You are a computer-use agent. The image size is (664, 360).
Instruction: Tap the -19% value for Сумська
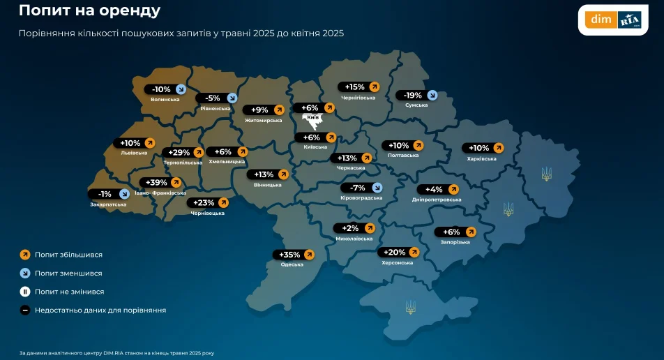(x=414, y=96)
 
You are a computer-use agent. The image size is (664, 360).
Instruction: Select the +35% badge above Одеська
(x=294, y=255)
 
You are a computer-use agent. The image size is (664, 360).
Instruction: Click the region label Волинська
(x=165, y=100)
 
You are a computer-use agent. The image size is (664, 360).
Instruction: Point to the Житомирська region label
(x=263, y=120)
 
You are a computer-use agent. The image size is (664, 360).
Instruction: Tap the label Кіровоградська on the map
(x=361, y=198)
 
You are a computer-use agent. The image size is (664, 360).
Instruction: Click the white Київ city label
(x=313, y=118)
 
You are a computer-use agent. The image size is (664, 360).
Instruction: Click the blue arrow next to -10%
(x=181, y=89)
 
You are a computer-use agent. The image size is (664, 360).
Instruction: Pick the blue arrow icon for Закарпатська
(x=123, y=194)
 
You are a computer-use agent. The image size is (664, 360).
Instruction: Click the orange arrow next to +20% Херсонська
(x=414, y=253)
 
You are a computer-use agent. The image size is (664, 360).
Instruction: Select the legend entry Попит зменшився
(x=68, y=273)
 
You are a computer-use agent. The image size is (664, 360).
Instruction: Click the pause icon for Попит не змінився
(x=24, y=292)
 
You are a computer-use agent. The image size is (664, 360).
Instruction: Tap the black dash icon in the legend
(x=24, y=310)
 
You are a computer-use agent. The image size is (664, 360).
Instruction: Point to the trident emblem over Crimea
(x=411, y=306)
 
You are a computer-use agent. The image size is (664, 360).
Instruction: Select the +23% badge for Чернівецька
(x=207, y=203)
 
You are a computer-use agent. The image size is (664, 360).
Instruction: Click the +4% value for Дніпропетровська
(x=434, y=189)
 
